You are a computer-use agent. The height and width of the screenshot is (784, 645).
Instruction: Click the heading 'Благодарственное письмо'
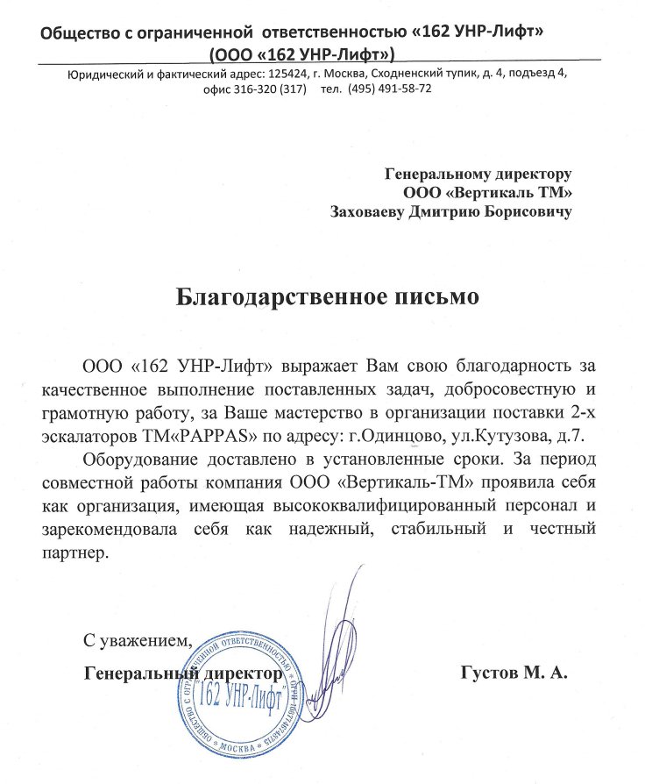pyautogui.click(x=328, y=296)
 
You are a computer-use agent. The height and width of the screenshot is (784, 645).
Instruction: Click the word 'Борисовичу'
pyautogui.click(x=525, y=211)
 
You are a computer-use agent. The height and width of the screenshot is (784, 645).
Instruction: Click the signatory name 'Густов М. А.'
pyautogui.click(x=514, y=674)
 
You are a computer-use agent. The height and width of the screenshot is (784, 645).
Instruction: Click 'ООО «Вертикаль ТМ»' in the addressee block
pyautogui.click(x=488, y=192)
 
